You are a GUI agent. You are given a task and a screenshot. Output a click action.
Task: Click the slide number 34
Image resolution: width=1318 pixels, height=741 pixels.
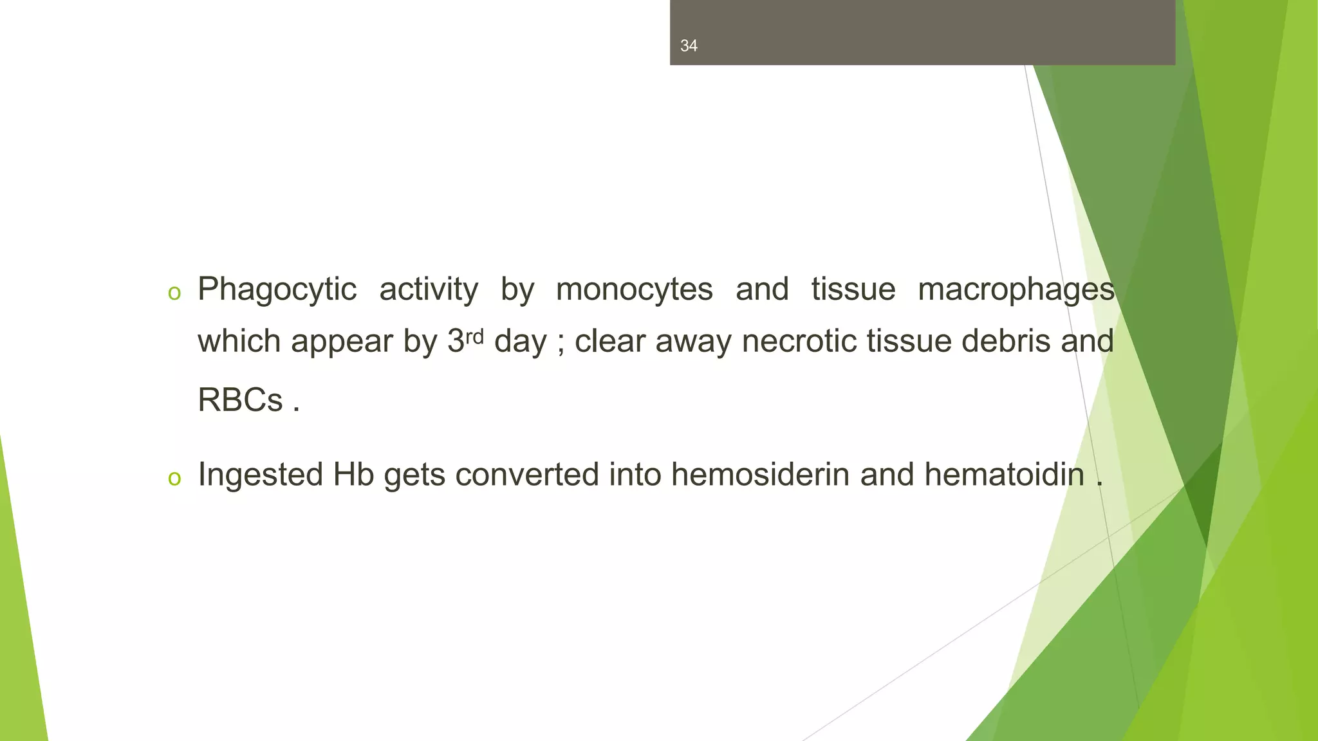(x=689, y=46)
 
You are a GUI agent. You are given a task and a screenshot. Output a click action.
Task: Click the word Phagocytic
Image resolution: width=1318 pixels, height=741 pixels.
(x=277, y=289)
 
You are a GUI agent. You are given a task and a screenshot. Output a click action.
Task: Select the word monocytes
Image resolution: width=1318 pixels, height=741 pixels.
(x=634, y=289)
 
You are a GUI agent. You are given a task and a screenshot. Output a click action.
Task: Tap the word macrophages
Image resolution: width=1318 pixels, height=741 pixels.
(x=1016, y=289)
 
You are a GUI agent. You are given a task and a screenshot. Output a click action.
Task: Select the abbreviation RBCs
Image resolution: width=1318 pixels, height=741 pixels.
(x=240, y=400)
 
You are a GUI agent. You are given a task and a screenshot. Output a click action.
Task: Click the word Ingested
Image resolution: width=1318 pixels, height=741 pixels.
(x=260, y=475)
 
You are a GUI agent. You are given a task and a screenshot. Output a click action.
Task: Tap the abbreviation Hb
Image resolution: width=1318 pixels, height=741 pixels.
(x=353, y=475)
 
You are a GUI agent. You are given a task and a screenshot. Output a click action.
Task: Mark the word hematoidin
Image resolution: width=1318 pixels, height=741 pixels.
(x=1004, y=475)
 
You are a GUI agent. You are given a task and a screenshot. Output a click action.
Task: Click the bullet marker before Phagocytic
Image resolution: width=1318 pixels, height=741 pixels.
(x=174, y=293)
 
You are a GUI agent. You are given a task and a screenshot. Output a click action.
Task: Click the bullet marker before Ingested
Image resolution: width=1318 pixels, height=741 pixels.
(x=174, y=479)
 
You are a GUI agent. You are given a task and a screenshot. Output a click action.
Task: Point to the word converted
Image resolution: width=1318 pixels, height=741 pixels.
(x=526, y=475)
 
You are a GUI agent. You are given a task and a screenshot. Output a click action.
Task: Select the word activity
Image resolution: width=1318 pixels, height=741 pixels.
(x=429, y=289)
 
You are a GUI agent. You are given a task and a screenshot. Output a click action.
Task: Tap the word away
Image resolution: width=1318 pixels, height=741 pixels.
(x=693, y=342)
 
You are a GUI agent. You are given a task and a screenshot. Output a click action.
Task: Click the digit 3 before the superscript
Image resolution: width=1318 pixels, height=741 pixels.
(x=456, y=341)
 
